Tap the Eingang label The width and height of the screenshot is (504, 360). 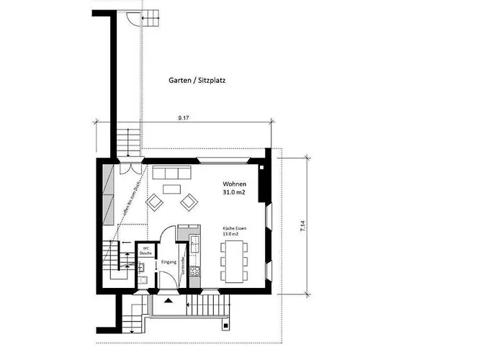pos(168,262)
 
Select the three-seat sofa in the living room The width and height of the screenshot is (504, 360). pos(171,174)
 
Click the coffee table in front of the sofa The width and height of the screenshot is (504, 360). pos(171,189)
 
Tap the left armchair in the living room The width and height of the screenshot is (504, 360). pos(155,202)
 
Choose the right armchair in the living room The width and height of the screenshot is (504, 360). pos(188,202)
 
